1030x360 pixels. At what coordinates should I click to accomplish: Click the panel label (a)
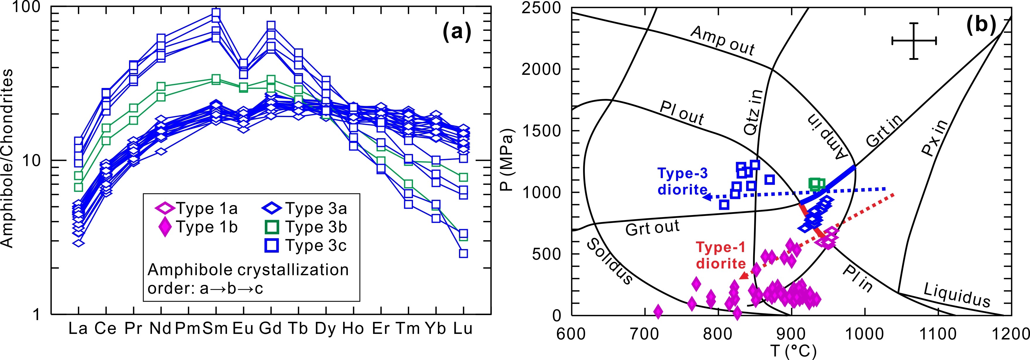click(x=457, y=32)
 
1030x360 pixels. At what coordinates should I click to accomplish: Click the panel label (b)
click(x=980, y=25)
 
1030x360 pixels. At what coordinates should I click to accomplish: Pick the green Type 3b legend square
click(x=272, y=227)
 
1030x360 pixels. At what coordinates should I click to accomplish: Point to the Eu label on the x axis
click(x=243, y=328)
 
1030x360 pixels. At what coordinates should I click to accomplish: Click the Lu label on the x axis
click(x=463, y=328)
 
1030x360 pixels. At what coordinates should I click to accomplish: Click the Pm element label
click(x=187, y=328)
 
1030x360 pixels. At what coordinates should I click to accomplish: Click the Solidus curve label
click(x=609, y=262)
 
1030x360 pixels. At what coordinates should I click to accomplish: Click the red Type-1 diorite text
click(x=721, y=255)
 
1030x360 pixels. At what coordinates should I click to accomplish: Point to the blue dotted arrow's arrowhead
click(x=707, y=197)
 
